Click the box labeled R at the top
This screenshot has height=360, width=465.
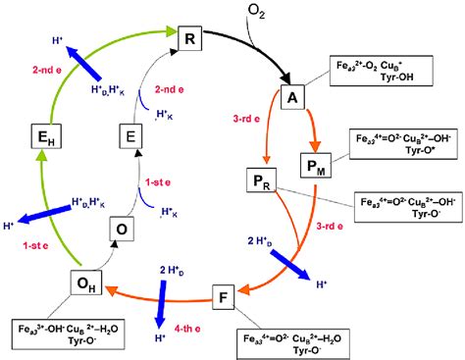(191, 38)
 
